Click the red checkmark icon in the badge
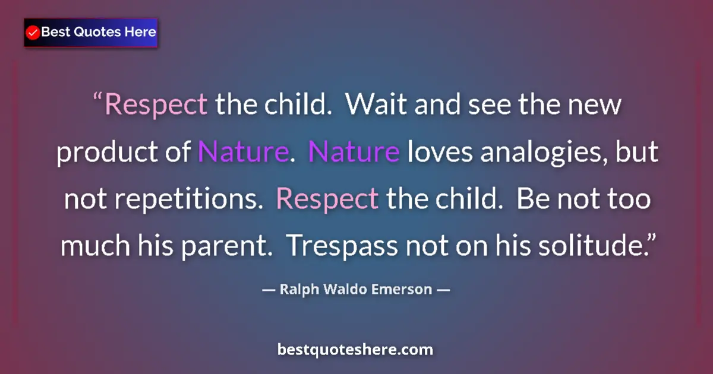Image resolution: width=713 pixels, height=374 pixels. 33,32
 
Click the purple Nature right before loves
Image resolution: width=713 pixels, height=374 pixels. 354,153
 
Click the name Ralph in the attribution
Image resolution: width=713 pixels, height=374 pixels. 296,290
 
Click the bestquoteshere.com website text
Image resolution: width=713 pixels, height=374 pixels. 355,350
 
